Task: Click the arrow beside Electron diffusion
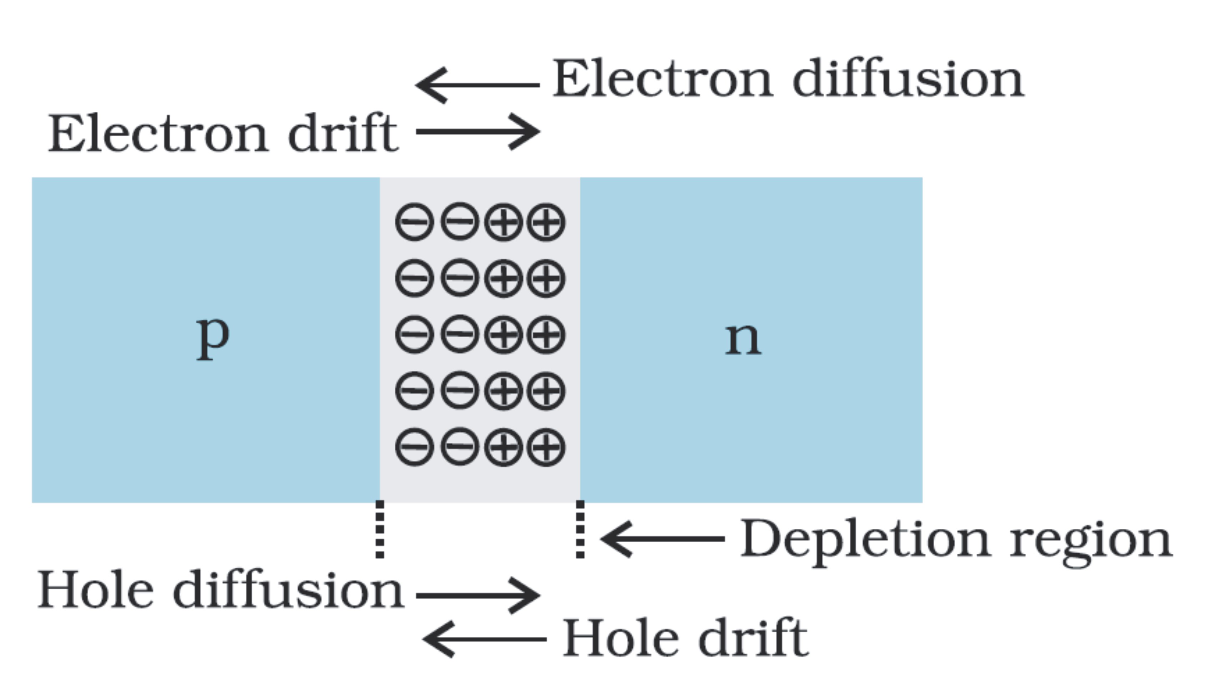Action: pyautogui.click(x=477, y=85)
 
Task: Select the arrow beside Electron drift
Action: pyautogui.click(x=478, y=131)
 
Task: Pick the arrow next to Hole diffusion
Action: pyautogui.click(x=478, y=596)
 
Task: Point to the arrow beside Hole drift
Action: pyautogui.click(x=484, y=639)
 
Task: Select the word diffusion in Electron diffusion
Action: pyautogui.click(x=907, y=79)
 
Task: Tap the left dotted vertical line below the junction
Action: pyautogui.click(x=380, y=529)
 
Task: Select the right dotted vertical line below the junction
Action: pyautogui.click(x=580, y=529)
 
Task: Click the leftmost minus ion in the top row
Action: pyautogui.click(x=414, y=222)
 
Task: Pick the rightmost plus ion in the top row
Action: pyautogui.click(x=546, y=222)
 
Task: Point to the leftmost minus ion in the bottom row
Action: pyautogui.click(x=414, y=447)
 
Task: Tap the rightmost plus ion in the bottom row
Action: pyautogui.click(x=546, y=447)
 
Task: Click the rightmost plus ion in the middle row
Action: pyautogui.click(x=546, y=335)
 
